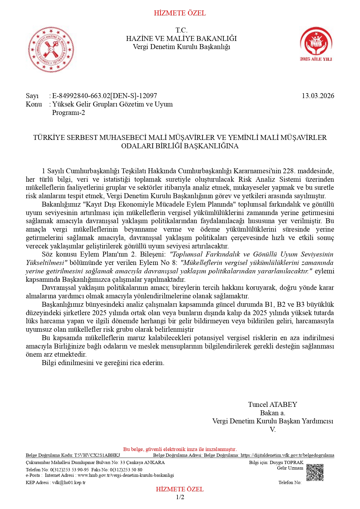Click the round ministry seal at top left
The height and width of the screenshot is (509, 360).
tap(51, 50)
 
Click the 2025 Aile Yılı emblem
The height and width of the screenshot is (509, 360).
tap(316, 44)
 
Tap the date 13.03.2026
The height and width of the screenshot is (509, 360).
tap(318, 96)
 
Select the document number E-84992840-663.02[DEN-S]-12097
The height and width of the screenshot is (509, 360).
tap(104, 96)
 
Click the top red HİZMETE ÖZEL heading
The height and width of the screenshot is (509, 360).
tap(180, 13)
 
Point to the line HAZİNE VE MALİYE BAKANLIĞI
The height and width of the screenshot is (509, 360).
tap(181, 39)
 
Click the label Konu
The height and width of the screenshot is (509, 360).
tap(34, 104)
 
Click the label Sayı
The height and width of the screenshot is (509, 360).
tap(32, 96)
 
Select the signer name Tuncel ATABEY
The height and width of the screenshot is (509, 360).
tap(272, 405)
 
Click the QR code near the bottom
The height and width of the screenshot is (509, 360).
tap(315, 472)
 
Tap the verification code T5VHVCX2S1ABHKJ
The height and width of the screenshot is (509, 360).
tap(97, 455)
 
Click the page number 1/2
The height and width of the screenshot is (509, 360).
tap(180, 497)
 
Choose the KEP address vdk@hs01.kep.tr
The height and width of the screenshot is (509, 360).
tap(69, 483)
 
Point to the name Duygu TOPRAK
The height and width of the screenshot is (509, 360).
tap(286, 463)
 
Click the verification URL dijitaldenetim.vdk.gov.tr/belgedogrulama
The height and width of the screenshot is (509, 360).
tap(287, 455)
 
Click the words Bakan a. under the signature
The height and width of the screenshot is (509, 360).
tap(272, 413)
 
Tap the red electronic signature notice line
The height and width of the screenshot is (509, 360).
tap(180, 449)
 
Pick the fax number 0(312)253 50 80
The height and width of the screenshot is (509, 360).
tap(126, 470)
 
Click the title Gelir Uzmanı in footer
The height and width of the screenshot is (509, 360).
tap(290, 468)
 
